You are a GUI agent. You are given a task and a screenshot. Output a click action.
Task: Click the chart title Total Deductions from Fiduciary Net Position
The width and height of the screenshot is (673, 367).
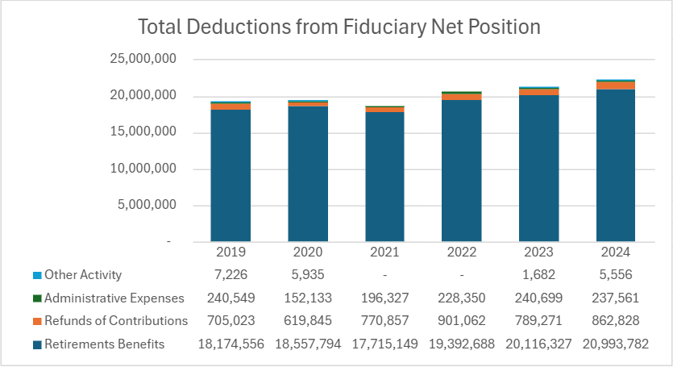tap(339, 27)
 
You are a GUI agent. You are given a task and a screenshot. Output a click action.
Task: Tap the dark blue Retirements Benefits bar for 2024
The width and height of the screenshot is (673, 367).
tap(616, 165)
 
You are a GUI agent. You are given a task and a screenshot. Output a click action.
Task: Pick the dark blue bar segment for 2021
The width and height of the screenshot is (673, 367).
tap(384, 177)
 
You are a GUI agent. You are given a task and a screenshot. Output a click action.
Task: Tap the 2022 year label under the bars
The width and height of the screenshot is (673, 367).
tap(462, 252)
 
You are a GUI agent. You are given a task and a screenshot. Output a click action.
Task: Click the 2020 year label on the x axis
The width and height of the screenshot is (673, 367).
tap(308, 252)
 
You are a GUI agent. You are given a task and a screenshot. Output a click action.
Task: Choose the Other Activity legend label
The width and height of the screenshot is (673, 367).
tap(83, 274)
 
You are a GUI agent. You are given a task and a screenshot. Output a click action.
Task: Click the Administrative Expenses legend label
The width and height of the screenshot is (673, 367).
tap(114, 298)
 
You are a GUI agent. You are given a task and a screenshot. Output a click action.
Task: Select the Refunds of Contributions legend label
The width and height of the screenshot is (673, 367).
tap(116, 321)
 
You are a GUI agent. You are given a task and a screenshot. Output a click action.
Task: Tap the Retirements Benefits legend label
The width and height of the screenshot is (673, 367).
tap(105, 344)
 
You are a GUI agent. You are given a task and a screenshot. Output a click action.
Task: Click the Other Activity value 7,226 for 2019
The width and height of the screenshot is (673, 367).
tap(231, 274)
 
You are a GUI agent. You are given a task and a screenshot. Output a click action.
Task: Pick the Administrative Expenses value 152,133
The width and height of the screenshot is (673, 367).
tap(308, 298)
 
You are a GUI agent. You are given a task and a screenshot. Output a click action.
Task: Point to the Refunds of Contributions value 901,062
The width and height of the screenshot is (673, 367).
tap(462, 321)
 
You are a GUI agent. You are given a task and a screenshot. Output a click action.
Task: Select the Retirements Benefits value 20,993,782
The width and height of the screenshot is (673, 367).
tap(616, 344)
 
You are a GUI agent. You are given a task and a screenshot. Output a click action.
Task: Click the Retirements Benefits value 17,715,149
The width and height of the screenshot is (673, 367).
tap(384, 344)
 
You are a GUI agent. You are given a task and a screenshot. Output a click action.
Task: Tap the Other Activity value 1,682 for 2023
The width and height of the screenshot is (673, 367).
tap(538, 274)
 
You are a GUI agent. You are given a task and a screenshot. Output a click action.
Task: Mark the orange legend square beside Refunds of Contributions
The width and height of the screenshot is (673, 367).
tap(37, 321)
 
